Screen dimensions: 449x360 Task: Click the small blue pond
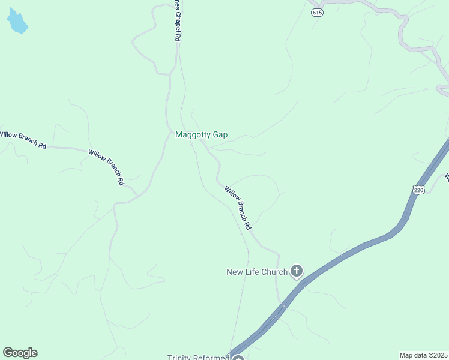[x=17, y=22]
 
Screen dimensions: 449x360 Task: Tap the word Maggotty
[x=192, y=135]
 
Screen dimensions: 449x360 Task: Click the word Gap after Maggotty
[x=219, y=135]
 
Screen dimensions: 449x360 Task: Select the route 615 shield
[x=318, y=13]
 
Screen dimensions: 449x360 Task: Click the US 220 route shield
[x=418, y=190]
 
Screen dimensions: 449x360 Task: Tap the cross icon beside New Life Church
[x=296, y=272]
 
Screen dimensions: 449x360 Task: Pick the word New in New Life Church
[x=234, y=272]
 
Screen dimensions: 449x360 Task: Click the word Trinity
[x=181, y=358]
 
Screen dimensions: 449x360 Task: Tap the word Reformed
[x=212, y=358]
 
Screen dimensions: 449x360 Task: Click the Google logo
[x=20, y=353]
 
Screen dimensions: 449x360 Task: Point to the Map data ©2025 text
[x=424, y=355]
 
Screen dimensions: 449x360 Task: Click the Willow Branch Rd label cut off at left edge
[x=23, y=140]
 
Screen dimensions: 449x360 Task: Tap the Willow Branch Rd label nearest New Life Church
[x=238, y=209]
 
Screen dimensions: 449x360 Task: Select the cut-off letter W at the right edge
[x=446, y=178]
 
